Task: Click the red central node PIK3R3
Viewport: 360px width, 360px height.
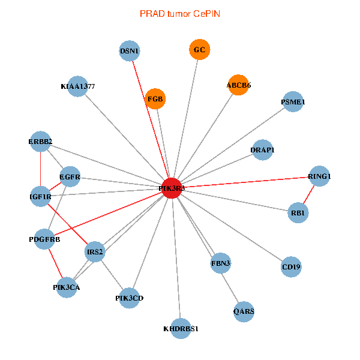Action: pyautogui.click(x=172, y=188)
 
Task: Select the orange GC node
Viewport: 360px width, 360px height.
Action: pyautogui.click(x=200, y=50)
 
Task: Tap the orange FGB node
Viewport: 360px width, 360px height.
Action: pyautogui.click(x=155, y=99)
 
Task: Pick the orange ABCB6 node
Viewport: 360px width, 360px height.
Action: pyautogui.click(x=238, y=85)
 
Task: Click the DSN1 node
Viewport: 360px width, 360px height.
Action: pyautogui.click(x=130, y=51)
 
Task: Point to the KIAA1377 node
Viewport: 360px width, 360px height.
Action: pyautogui.click(x=78, y=86)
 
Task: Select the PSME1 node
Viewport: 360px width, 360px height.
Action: pyautogui.click(x=293, y=103)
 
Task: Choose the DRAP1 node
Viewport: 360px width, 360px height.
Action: pyautogui.click(x=262, y=149)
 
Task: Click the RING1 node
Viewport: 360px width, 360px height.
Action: pyautogui.click(x=319, y=176)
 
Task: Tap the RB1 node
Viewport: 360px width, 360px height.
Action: pyautogui.click(x=298, y=213)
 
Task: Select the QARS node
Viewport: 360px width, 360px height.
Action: pyautogui.click(x=244, y=311)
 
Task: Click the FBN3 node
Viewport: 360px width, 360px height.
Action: pyautogui.click(x=221, y=263)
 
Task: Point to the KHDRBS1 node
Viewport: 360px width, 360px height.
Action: pyautogui.click(x=181, y=329)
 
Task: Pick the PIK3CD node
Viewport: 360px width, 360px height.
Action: pyautogui.click(x=130, y=298)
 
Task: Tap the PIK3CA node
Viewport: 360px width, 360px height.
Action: pyautogui.click(x=66, y=287)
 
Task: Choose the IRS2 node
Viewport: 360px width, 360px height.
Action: pyautogui.click(x=95, y=252)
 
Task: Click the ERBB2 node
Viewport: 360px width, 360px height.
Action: pyautogui.click(x=40, y=142)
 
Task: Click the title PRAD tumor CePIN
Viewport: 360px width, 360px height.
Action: pyautogui.click(x=179, y=13)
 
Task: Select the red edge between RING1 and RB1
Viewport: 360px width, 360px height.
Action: pyautogui.click(x=309, y=194)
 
